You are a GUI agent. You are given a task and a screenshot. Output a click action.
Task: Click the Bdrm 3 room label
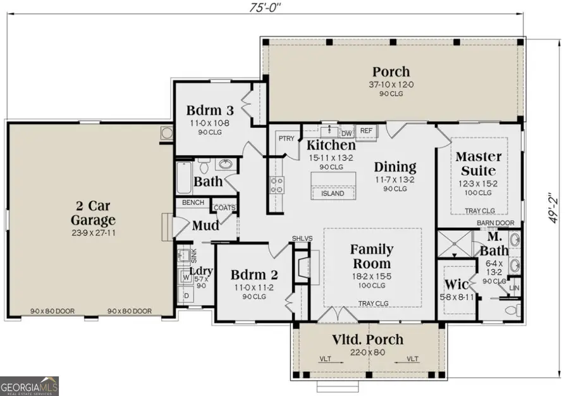195,110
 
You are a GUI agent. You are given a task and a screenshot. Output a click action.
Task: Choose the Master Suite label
479,163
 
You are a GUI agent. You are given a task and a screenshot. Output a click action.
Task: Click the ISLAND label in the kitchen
333,193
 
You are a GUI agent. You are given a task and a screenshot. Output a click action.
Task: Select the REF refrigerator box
366,130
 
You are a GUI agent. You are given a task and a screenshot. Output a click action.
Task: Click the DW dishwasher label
346,133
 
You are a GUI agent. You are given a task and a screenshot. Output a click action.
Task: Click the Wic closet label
456,283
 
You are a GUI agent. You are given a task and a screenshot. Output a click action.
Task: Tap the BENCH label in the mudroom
192,203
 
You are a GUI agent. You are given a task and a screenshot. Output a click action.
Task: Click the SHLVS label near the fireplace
298,238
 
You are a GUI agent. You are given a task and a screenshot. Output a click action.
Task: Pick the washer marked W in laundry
187,276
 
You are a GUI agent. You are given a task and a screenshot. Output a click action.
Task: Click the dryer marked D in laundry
187,295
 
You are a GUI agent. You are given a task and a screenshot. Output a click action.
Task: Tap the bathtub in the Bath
184,178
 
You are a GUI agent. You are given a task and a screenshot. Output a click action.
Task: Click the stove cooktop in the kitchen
277,184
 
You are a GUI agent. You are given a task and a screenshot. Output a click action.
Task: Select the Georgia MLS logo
30,384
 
